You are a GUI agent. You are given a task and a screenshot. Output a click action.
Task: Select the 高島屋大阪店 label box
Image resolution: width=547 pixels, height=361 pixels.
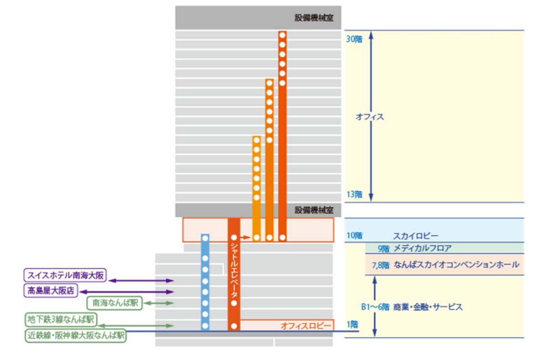[x=51, y=291]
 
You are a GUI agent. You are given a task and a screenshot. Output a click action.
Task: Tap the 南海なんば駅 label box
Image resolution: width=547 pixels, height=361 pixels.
[x=114, y=303]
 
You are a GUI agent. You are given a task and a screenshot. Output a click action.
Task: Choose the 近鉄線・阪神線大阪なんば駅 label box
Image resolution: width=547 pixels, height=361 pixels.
[x=75, y=336]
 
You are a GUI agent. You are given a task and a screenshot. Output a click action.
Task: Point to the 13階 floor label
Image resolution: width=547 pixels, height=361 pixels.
[x=354, y=195]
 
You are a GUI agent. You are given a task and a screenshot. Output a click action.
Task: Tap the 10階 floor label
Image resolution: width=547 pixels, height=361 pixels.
[x=354, y=236]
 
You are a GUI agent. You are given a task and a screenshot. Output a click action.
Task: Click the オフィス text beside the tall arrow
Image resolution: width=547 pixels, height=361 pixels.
[x=370, y=117]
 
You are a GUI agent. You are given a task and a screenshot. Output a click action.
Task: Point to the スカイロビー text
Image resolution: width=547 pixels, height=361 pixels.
[x=415, y=236]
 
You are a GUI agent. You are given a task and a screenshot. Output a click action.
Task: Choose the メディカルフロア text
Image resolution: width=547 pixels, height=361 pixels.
[x=422, y=248]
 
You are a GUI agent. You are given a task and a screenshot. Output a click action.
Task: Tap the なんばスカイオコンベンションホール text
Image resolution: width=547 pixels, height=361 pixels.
[x=456, y=265]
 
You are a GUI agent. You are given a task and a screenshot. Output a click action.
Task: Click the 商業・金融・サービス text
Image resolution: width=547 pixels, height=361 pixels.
[x=428, y=307]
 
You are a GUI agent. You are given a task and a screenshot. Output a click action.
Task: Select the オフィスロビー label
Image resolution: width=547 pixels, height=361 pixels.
[x=306, y=326]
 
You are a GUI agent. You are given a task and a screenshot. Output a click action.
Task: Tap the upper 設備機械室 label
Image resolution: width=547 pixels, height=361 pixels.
[x=314, y=18]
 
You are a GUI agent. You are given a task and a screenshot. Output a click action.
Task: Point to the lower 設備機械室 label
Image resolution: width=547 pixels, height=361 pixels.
[x=314, y=210]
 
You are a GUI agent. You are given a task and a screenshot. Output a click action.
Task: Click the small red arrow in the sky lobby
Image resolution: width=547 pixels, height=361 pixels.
[x=245, y=237]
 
